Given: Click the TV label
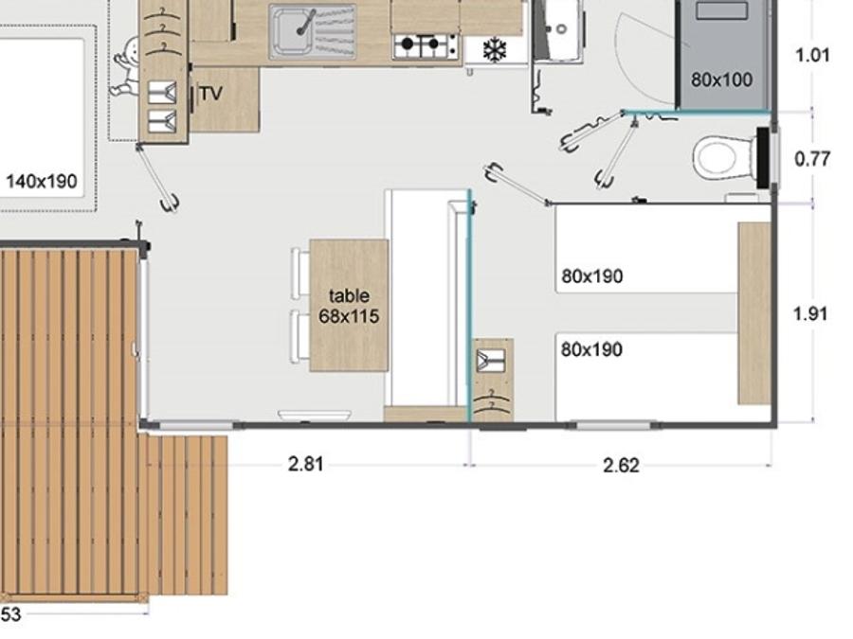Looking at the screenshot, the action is [x=210, y=94].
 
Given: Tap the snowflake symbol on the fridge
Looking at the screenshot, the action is [x=495, y=50].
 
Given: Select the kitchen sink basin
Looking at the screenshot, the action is [x=293, y=32].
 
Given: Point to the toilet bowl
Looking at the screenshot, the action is [x=724, y=157].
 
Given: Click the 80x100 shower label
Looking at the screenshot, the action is [x=721, y=80].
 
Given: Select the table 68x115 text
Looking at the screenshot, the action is [x=349, y=306].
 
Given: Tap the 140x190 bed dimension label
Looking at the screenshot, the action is [x=42, y=181].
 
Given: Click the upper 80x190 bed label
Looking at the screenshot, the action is [x=591, y=276].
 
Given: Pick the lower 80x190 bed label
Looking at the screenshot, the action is [x=591, y=349].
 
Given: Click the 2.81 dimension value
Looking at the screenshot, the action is [x=306, y=465].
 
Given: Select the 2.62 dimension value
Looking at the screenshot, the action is [x=621, y=466].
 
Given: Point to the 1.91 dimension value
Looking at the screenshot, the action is [x=810, y=314].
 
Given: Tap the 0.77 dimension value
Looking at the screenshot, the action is [x=812, y=159].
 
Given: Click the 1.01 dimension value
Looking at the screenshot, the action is [x=813, y=56].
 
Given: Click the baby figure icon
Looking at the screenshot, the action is [x=126, y=67].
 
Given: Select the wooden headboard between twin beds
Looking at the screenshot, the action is [x=754, y=313].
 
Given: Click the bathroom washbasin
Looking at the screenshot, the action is [x=558, y=27].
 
